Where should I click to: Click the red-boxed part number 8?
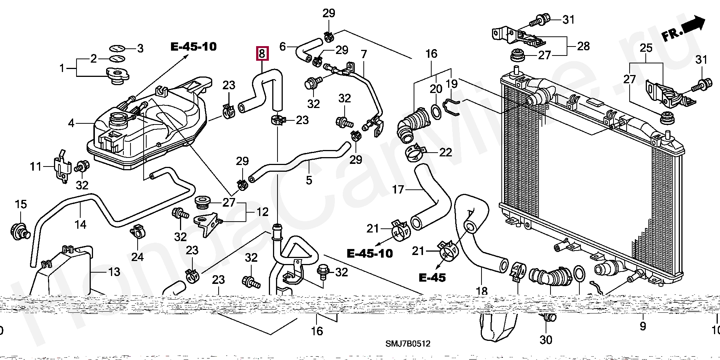click(262, 54)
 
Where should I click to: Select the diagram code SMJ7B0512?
click(408, 343)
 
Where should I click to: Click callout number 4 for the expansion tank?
click(71, 123)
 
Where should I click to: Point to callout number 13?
click(114, 272)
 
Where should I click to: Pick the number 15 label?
click(21, 204)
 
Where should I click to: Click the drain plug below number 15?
click(20, 230)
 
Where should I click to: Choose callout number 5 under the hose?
click(309, 180)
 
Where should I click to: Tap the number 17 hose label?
click(398, 190)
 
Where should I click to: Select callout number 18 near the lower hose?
click(481, 291)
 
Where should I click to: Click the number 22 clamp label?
click(445, 152)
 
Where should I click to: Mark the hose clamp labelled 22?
click(415, 152)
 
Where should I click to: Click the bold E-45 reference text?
click(432, 277)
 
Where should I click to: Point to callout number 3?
click(140, 48)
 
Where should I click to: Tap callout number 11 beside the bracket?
click(36, 166)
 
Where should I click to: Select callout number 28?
click(583, 46)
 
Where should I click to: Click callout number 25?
click(646, 48)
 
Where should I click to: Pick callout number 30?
click(546, 340)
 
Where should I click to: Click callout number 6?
click(282, 46)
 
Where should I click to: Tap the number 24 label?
click(137, 257)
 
